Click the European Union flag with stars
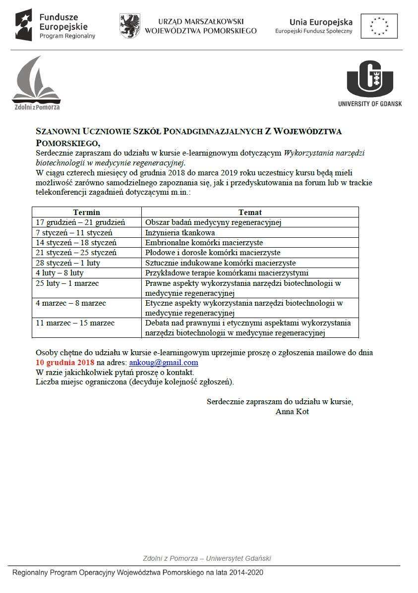click(x=379, y=26)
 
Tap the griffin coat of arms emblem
click(x=129, y=26)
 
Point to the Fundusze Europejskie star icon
click(x=24, y=25)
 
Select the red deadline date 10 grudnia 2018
click(x=65, y=363)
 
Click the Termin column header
click(x=87, y=213)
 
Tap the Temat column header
click(x=250, y=213)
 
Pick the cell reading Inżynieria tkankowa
click(x=180, y=233)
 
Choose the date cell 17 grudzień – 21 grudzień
click(x=80, y=222)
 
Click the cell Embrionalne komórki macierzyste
click(x=204, y=243)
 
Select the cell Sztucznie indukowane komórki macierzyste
click(x=220, y=263)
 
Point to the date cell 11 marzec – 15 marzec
click(x=75, y=323)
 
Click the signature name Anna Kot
click(x=292, y=412)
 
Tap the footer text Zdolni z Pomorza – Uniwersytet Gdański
click(x=207, y=558)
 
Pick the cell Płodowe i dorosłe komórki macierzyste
click(x=212, y=253)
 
